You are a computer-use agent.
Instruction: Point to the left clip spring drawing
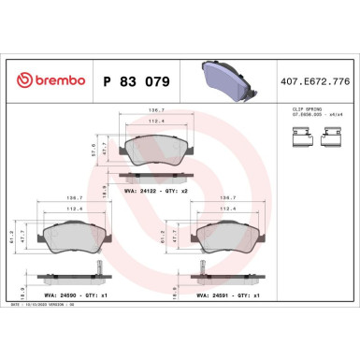(x=300, y=140)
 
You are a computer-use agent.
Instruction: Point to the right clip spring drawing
(x=329, y=140)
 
